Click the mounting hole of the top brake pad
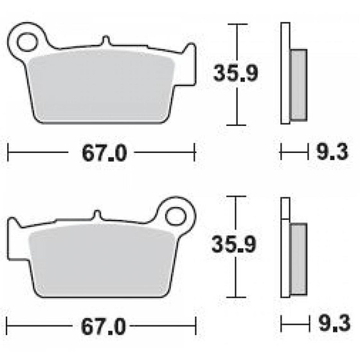pos(28,42)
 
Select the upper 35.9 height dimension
pos(237,74)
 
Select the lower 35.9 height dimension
pos(237,245)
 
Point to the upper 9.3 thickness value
pos(333,153)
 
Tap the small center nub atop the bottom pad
pos(97,214)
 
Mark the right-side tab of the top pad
pos(190,55)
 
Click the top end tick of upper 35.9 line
pos(237,25)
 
